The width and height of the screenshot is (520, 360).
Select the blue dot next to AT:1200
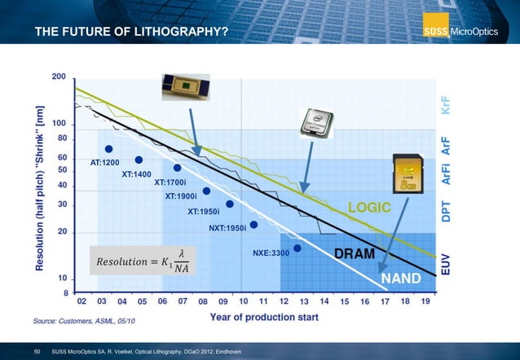tap(108, 149)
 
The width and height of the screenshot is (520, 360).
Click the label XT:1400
tap(137, 174)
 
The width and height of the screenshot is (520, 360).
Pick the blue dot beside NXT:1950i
tap(253, 225)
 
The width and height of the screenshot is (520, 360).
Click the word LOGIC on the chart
tap(370, 209)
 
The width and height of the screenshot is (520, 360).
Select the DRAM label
tap(355, 254)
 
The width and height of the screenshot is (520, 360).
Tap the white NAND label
tap(402, 279)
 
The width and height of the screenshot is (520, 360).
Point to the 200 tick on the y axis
tap(59, 77)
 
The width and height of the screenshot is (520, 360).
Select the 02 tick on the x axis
tap(83, 301)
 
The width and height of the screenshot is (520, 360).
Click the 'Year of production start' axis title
tap(264, 316)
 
